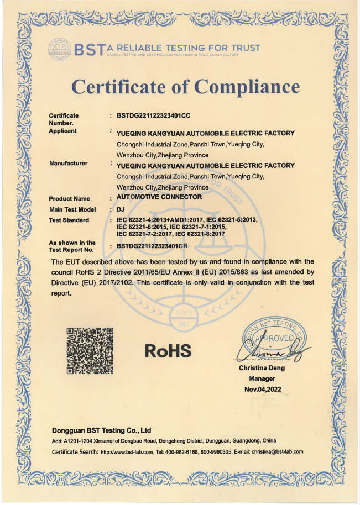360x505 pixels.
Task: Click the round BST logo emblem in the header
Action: [60, 48]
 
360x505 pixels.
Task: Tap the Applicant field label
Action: [62, 131]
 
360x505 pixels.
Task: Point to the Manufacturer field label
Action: [68, 164]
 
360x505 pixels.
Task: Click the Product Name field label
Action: [69, 198]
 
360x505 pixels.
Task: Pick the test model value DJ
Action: [121, 209]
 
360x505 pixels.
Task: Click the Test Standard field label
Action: [69, 220]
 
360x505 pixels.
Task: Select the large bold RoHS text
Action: [168, 350]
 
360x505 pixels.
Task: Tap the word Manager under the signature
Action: [262, 379]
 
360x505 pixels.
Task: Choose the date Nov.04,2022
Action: [263, 390]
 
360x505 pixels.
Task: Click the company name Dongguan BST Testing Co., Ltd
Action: [101, 430]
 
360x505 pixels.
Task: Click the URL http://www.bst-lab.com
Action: [126, 451]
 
